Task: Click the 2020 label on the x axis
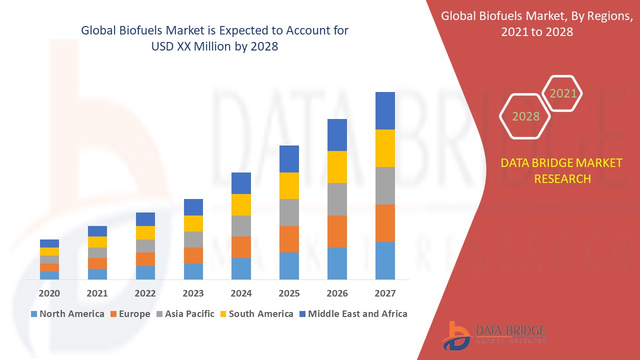coord(49,293)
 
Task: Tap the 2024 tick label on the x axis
coord(241,293)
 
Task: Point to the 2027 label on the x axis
coord(385,293)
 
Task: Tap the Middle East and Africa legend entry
coord(353,314)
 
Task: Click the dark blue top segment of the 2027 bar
coord(385,110)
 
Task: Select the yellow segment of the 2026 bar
coord(337,167)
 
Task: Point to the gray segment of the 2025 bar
coord(289,212)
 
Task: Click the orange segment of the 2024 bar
coord(241,247)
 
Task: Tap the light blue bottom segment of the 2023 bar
coord(193,271)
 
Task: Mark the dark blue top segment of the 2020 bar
coord(49,243)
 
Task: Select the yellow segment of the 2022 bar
coord(145,232)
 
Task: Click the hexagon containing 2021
coord(563,93)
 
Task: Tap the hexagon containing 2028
coord(525,116)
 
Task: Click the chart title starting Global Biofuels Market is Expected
coord(214,38)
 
